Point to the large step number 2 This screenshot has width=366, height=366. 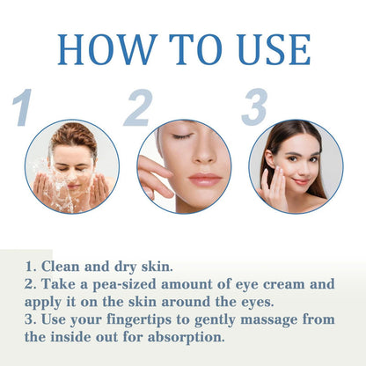tap(137, 109)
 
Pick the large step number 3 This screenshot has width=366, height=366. tap(254, 107)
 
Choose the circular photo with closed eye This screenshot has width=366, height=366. tap(184, 167)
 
